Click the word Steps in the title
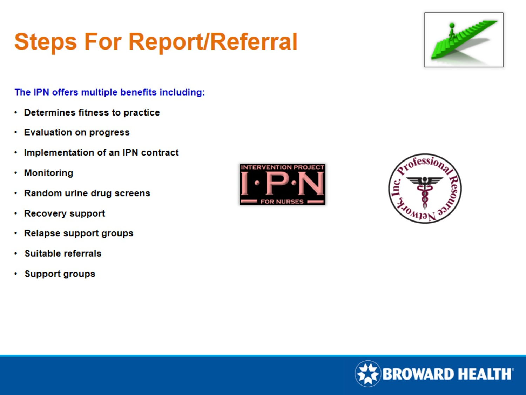(45, 42)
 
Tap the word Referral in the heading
(254, 42)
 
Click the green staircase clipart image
(464, 40)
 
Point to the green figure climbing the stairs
(452, 30)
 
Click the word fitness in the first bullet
(94, 113)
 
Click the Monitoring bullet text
(48, 173)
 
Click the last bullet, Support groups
(60, 274)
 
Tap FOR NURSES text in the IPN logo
(282, 202)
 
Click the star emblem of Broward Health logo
(367, 374)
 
